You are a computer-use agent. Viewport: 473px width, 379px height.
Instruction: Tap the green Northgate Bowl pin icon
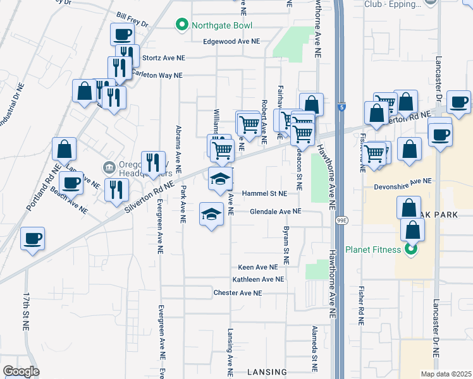coord(181,25)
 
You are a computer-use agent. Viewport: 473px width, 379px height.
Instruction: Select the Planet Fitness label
coord(373,250)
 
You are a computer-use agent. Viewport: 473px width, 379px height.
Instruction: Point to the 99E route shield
coord(341,220)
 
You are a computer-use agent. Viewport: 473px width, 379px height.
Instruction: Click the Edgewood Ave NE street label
coord(231,42)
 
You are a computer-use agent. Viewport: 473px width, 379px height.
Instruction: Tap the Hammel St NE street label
coord(264,194)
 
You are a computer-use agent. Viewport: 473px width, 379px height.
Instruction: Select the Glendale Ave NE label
coord(275,212)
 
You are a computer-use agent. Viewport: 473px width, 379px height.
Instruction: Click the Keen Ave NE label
coord(258,268)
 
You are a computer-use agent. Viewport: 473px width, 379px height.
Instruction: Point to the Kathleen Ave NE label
coord(258,279)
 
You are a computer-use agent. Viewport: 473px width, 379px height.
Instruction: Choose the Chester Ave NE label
coord(237,293)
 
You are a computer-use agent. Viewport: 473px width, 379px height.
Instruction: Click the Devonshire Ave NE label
coord(402,182)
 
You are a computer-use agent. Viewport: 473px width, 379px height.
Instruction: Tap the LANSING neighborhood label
coord(266,372)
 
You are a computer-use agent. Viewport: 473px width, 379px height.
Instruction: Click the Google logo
coord(21,371)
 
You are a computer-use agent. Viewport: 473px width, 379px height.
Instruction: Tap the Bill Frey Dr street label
coord(132,18)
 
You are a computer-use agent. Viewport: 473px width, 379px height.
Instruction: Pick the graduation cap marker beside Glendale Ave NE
coord(212,214)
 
